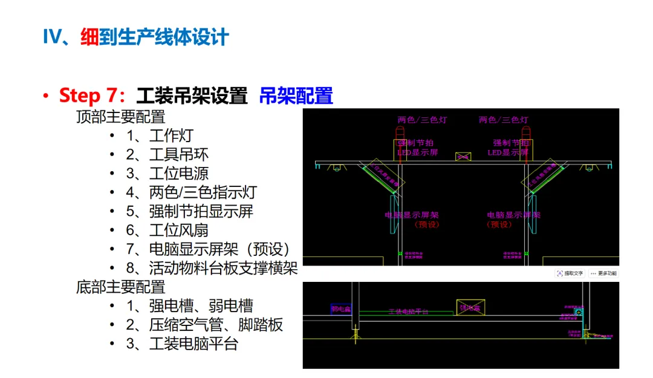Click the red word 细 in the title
tap(89, 37)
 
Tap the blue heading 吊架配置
tap(296, 96)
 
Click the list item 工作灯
tap(171, 135)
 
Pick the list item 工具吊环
tap(179, 155)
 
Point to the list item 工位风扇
tap(179, 230)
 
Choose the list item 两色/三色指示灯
tap(203, 192)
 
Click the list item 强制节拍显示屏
tap(201, 211)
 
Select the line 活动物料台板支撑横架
tap(223, 268)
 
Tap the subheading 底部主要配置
tap(121, 287)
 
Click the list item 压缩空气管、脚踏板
tap(216, 325)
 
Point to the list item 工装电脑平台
tap(193, 344)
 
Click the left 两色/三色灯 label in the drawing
tap(423, 120)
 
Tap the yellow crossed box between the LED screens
tap(463, 157)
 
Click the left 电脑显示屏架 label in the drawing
tap(412, 215)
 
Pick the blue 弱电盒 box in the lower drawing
tap(342, 309)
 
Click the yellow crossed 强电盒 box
tap(470, 308)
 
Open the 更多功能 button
tap(603, 273)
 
